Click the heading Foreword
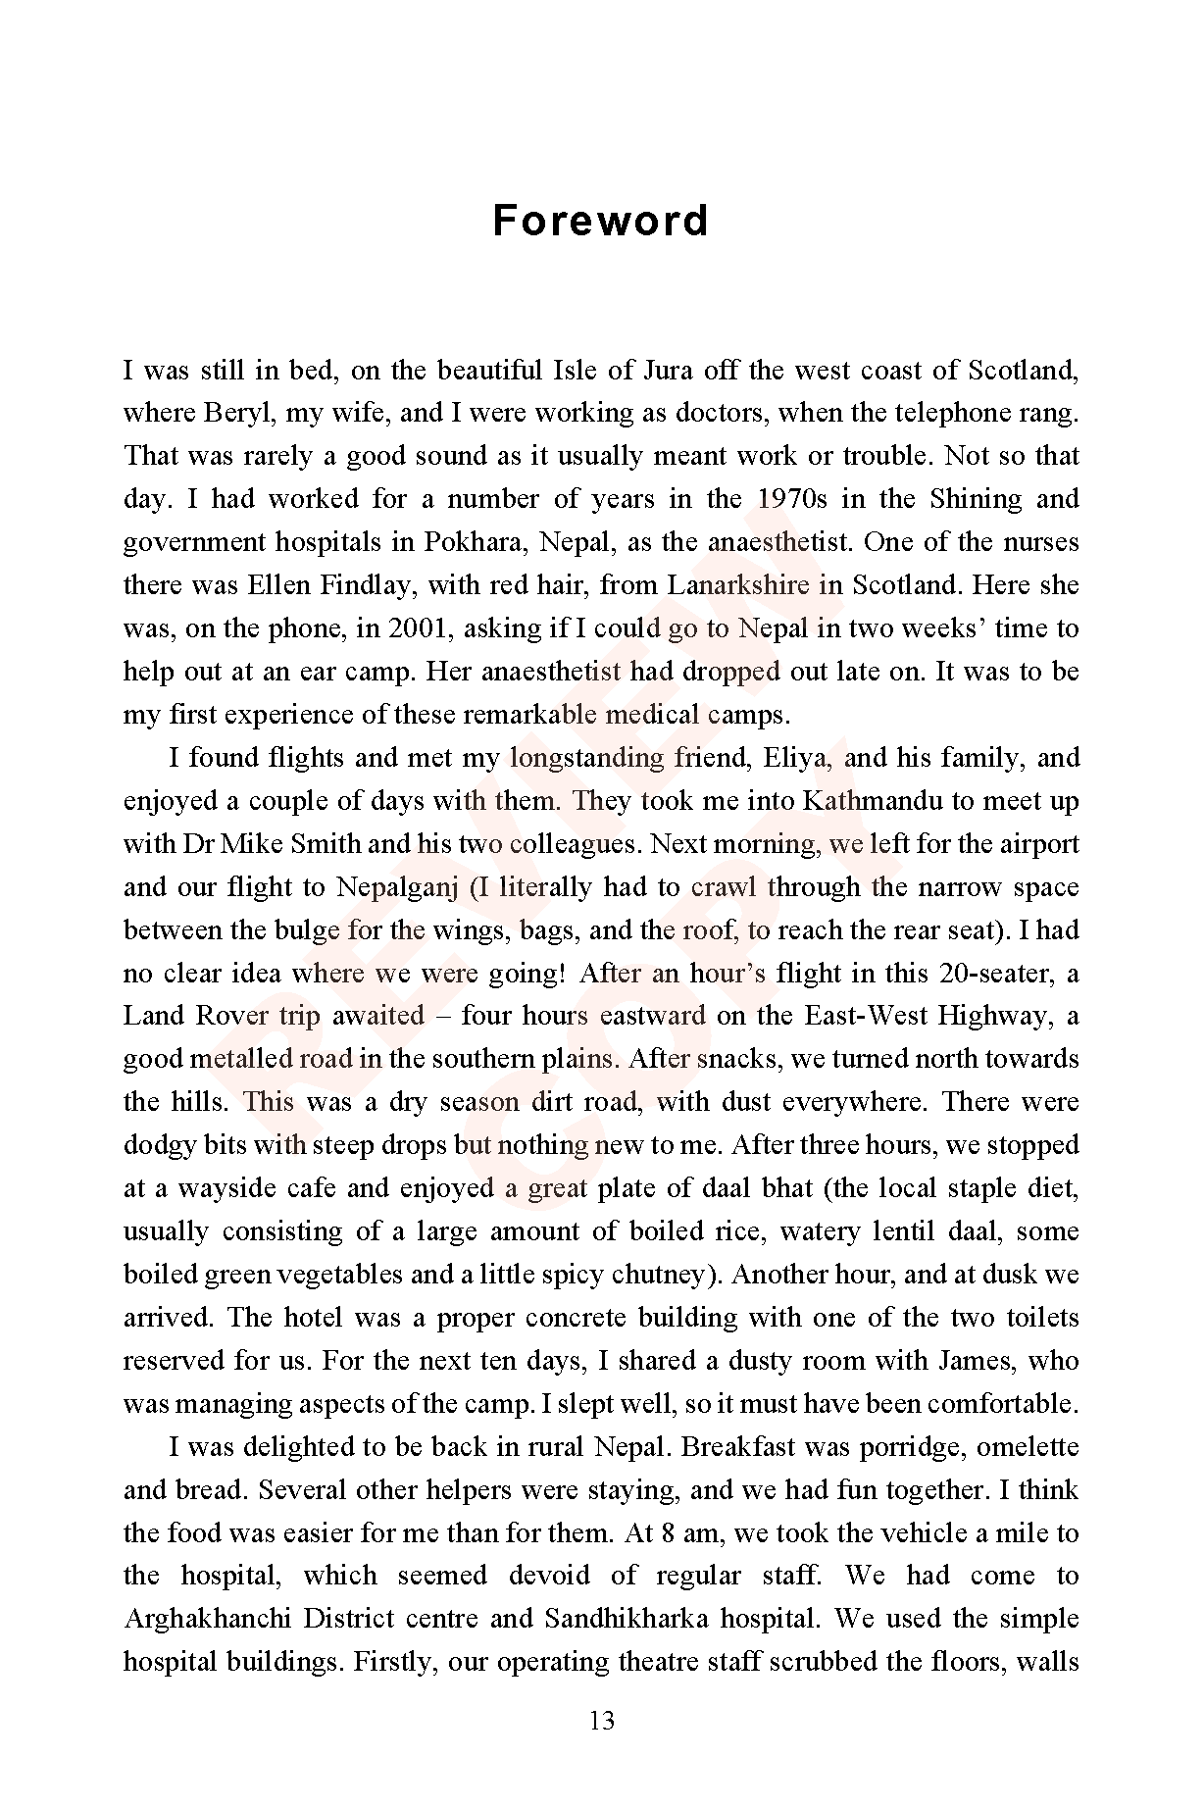tap(600, 221)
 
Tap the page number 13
tap(601, 1720)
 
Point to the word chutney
tap(657, 1275)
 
